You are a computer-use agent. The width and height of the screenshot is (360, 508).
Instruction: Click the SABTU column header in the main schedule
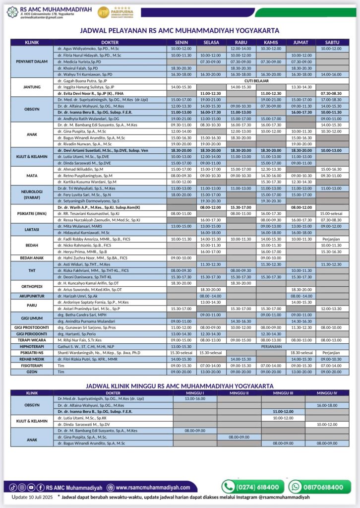coord(332,43)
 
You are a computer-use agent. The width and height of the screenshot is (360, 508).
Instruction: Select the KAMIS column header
coord(271,43)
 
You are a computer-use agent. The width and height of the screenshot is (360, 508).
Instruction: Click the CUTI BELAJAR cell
coord(270,79)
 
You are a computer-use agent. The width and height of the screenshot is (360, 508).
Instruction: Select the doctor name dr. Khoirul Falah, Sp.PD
coord(77,67)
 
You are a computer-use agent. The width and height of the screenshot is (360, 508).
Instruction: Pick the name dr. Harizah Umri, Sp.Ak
coord(75,296)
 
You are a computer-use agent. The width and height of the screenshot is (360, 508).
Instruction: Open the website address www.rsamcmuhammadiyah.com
coord(157,487)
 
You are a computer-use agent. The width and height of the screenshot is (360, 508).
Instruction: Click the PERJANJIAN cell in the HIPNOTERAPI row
coord(271,346)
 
